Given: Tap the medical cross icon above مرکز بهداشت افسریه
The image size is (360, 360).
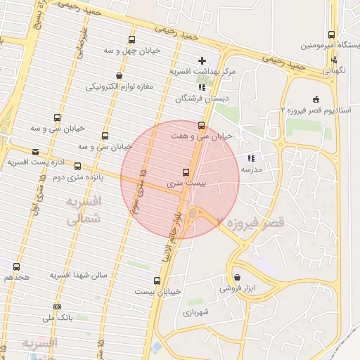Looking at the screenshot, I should click(202, 61).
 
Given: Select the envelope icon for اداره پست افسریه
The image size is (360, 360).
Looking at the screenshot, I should click(35, 151).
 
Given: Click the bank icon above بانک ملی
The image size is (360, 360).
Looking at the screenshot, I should click(57, 307).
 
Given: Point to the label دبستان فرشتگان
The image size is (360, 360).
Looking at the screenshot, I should click(202, 98).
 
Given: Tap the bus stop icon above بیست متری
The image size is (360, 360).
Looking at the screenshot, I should click(186, 172).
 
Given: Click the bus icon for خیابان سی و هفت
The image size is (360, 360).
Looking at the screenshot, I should click(202, 126).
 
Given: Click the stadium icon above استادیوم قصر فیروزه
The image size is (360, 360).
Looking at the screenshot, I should click(316, 99).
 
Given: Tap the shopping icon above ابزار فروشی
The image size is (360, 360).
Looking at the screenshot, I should click(237, 277).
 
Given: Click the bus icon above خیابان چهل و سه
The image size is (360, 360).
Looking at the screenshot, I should click(131, 40).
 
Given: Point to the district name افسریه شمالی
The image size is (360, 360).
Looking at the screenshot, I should click(84, 210).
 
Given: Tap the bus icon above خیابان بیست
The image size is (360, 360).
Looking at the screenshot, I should click(138, 280).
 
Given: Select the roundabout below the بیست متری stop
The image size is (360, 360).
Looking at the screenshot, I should click(193, 214).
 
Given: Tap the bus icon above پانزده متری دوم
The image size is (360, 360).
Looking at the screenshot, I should click(77, 167).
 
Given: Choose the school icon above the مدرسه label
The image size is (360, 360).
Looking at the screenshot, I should click(251, 158).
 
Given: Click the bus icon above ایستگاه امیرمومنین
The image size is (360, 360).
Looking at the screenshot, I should click(331, 34).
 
